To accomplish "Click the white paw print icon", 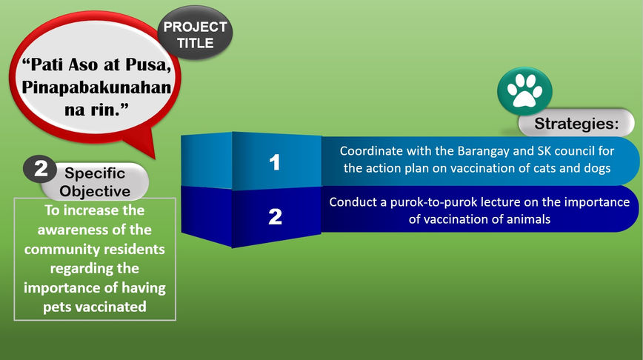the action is (x=524, y=91).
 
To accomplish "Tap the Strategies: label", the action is (x=576, y=123).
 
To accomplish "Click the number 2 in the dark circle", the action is (x=41, y=169).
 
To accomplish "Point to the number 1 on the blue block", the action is (x=274, y=162).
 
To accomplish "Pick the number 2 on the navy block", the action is (x=275, y=216).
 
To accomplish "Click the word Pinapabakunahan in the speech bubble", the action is (x=97, y=87).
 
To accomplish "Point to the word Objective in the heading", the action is (x=95, y=190).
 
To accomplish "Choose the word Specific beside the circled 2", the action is (x=95, y=173).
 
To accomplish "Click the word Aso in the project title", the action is (x=84, y=64).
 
